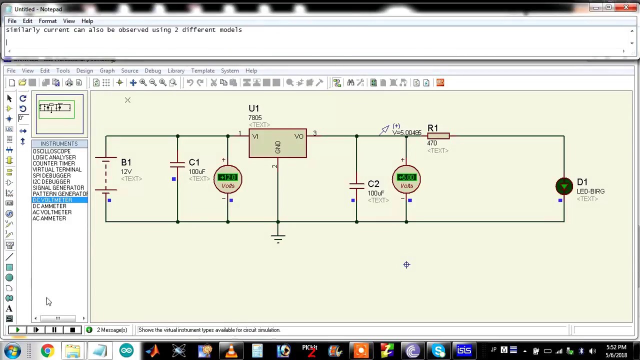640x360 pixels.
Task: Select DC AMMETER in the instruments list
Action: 49,206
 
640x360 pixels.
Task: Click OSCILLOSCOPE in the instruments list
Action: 51,151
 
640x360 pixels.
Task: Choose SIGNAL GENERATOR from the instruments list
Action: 58,188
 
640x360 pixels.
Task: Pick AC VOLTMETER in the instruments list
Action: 52,212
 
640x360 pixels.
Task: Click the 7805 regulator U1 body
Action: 277,143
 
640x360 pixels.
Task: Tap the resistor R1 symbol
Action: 438,135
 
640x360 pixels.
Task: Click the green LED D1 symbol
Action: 564,186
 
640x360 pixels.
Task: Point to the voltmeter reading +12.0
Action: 227,177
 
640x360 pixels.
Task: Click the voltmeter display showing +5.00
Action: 406,177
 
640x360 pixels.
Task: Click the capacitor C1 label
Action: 194,162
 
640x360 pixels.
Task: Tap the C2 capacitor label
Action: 373,184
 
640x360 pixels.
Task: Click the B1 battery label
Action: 126,162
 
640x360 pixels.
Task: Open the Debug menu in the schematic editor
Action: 152,70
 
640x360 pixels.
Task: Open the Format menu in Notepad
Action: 47,21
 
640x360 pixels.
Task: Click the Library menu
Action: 176,70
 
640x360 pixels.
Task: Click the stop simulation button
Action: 72,330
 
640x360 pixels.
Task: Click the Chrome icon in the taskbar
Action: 47,350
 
